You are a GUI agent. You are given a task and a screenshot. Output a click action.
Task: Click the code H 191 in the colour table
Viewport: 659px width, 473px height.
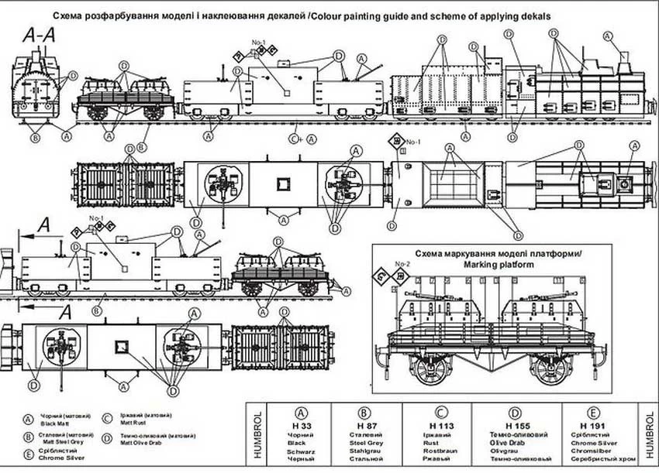pyautogui.click(x=590, y=426)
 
